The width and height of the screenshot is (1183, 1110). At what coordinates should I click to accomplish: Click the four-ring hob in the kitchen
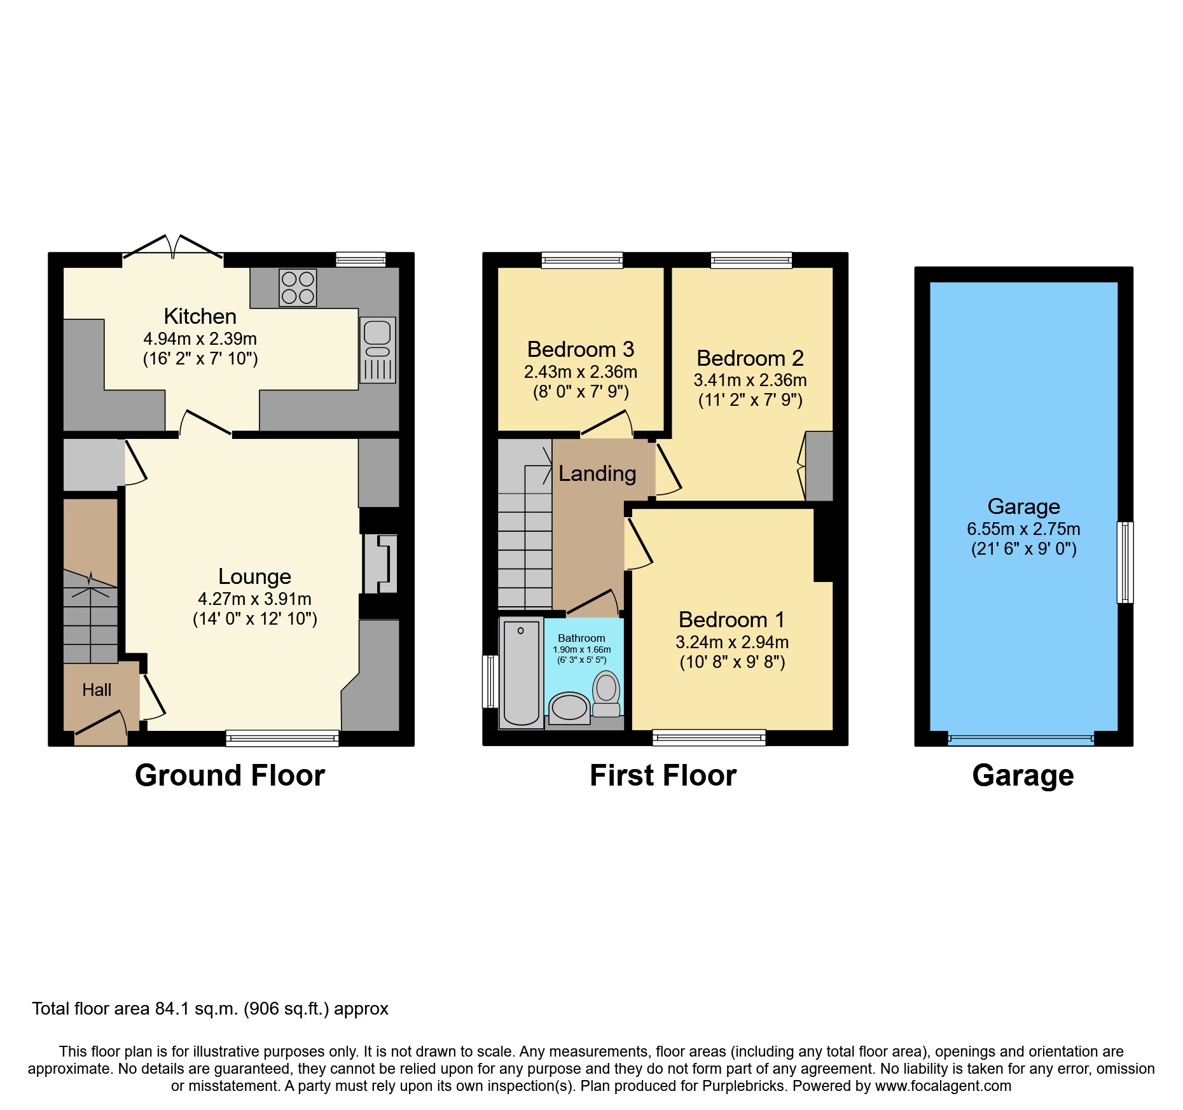click(298, 288)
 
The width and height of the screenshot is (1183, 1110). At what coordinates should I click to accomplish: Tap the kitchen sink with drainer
click(377, 350)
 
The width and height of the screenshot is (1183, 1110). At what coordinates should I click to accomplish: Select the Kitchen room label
click(200, 316)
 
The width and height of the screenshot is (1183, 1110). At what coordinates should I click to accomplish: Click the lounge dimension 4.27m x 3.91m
click(254, 599)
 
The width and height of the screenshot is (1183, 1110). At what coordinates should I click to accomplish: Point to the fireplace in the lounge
click(380, 564)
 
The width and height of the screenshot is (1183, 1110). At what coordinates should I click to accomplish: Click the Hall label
click(97, 690)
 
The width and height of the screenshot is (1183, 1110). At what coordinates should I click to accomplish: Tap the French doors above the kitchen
click(172, 247)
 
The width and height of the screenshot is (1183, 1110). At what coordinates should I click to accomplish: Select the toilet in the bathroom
click(606, 693)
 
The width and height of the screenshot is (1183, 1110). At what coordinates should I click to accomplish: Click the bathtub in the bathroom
click(521, 673)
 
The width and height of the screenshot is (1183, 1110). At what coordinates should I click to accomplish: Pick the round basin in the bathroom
click(569, 708)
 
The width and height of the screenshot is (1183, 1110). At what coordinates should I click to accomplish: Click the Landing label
click(597, 473)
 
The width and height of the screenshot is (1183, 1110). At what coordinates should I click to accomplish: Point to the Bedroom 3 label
click(580, 349)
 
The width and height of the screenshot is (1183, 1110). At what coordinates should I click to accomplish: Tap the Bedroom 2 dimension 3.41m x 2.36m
click(750, 380)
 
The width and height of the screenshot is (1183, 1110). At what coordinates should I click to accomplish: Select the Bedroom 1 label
click(731, 620)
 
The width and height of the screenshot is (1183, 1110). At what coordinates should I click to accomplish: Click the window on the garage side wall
click(1124, 562)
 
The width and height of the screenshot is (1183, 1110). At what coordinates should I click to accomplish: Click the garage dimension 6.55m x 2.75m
click(1023, 529)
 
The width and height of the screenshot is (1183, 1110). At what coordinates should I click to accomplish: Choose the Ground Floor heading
click(230, 775)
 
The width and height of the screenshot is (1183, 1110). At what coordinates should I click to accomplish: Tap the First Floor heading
click(663, 775)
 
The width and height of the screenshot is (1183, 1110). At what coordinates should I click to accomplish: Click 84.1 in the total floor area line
click(170, 1009)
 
